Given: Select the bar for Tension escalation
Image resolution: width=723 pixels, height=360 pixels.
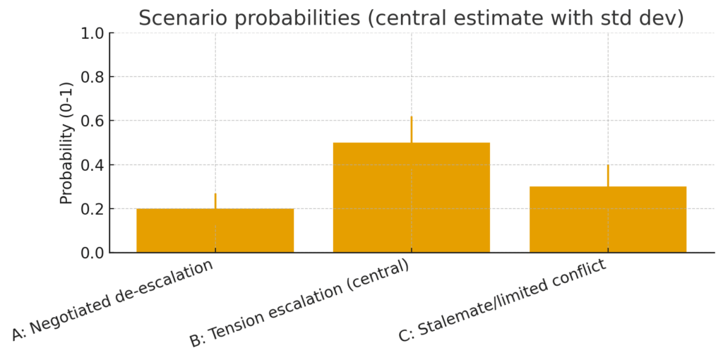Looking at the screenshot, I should click(x=411, y=198).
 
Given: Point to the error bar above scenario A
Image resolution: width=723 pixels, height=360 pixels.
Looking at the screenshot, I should click(x=215, y=200).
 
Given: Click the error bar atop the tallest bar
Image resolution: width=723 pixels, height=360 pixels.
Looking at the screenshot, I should click(x=412, y=129).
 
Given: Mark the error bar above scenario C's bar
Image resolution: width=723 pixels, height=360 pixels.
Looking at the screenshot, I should click(x=608, y=175).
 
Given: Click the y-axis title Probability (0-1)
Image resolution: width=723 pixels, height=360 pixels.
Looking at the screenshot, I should click(x=66, y=143).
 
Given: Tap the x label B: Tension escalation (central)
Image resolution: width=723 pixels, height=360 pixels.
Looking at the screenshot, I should click(x=300, y=304).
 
